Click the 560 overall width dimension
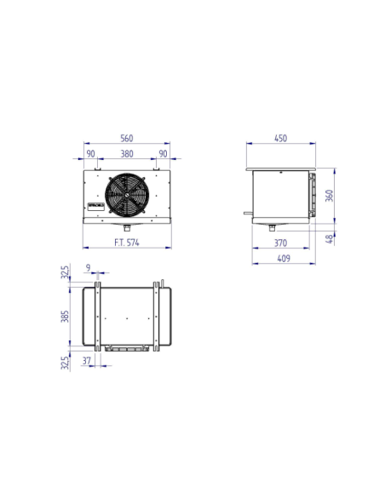pos(126,138)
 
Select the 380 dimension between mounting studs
pos(126,154)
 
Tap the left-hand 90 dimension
pos(90,154)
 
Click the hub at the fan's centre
pos(126,195)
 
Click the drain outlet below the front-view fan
pos(126,227)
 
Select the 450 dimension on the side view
pos(280,138)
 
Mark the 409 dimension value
pos(280,260)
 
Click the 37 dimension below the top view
pos(88,360)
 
